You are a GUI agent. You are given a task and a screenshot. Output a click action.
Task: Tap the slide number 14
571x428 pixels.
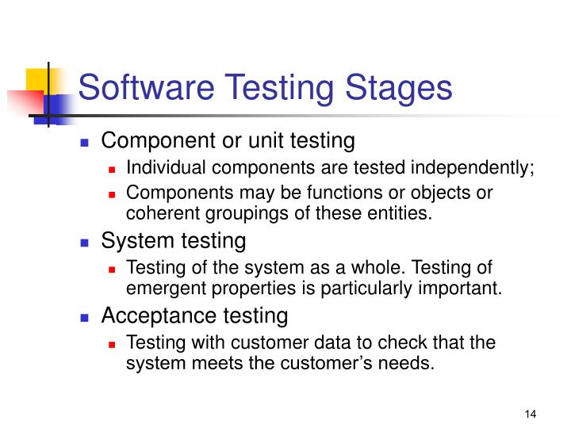click(x=531, y=414)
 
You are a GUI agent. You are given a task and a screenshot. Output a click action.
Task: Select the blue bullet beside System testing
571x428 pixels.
click(x=85, y=242)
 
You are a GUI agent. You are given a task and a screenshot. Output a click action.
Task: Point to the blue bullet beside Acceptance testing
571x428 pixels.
click(x=85, y=318)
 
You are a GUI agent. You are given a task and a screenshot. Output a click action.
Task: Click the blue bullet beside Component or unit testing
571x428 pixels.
click(x=85, y=143)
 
